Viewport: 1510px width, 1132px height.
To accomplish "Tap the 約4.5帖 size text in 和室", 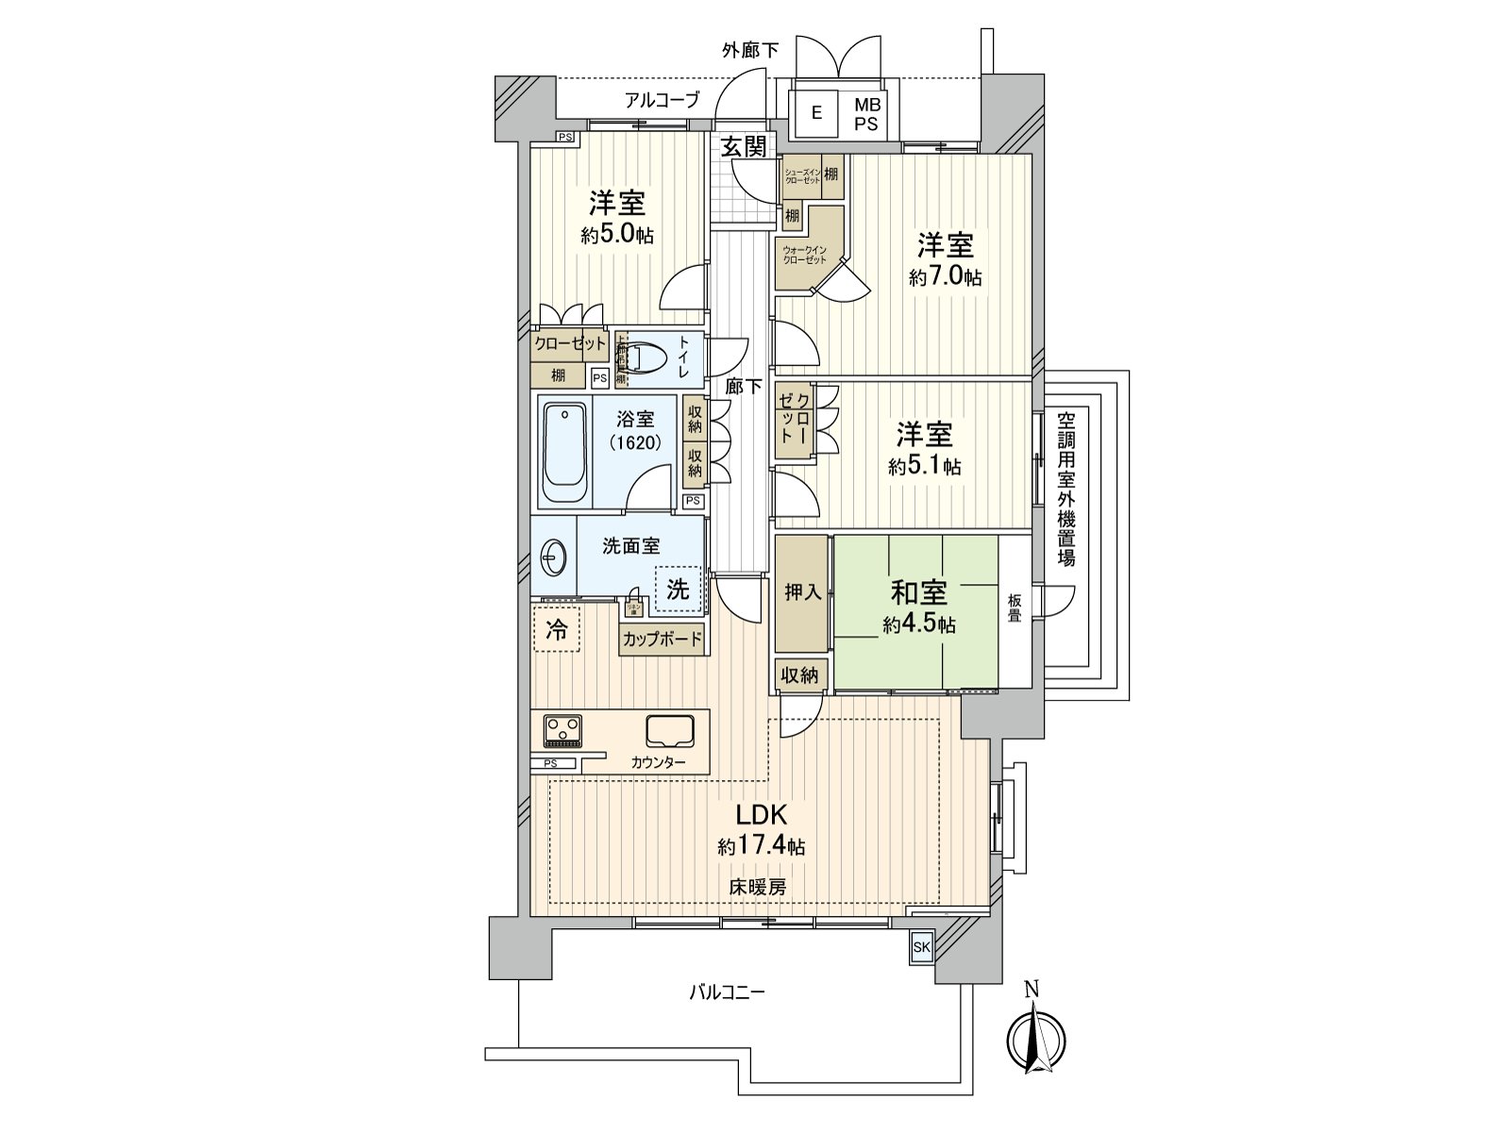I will [x=918, y=624].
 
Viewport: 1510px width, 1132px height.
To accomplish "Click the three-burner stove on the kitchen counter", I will [x=563, y=729].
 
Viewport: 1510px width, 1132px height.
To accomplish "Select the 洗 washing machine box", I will [x=679, y=590].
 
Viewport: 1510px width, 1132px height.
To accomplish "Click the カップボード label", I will [x=663, y=639].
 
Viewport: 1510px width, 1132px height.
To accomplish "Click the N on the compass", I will [x=1032, y=990].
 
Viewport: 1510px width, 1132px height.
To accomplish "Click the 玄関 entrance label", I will [x=744, y=146].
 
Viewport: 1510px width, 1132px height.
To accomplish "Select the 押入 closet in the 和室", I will [x=802, y=592].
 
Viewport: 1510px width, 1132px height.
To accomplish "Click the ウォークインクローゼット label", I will [x=804, y=254].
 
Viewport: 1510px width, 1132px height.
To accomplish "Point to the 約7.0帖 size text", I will [x=946, y=277].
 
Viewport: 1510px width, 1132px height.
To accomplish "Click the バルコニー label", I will [x=726, y=992].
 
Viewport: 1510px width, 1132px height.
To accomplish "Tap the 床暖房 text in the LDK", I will [x=757, y=887].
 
